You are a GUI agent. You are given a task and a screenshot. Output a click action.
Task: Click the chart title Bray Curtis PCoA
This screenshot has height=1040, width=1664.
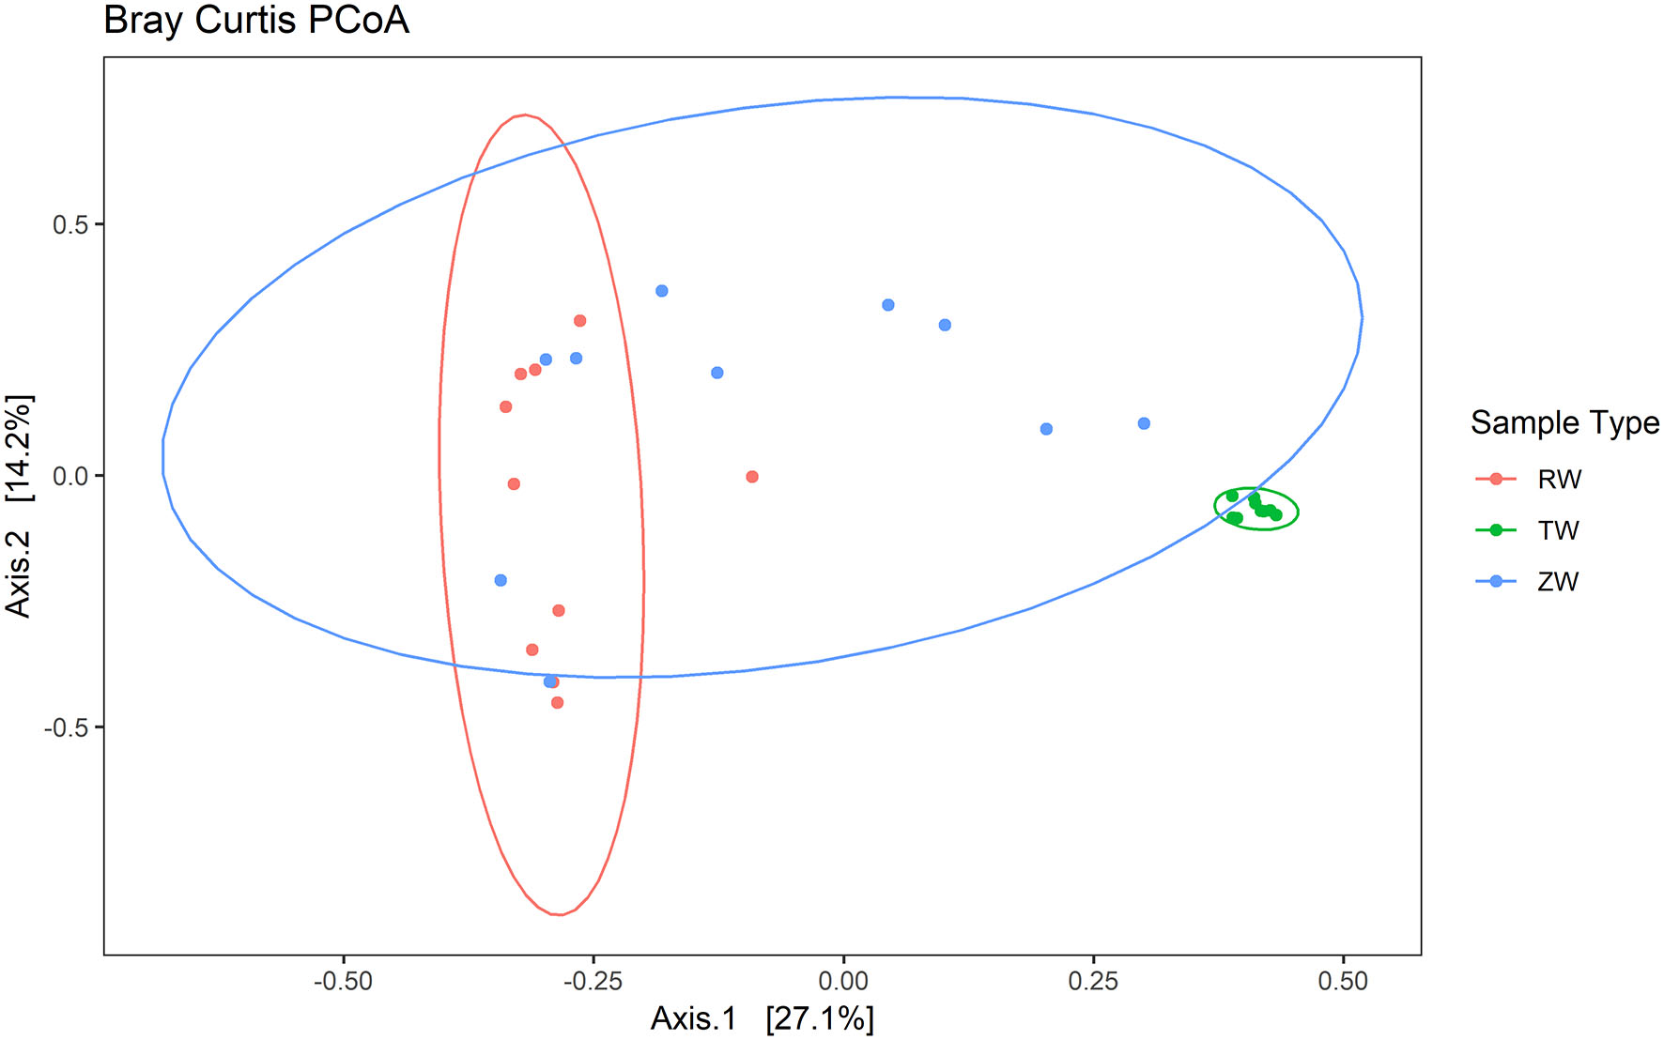point(255,21)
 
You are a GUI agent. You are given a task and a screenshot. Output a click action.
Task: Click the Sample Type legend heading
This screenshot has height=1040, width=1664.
point(1564,422)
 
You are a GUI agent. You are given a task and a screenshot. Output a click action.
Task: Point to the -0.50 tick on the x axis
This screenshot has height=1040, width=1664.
point(343,982)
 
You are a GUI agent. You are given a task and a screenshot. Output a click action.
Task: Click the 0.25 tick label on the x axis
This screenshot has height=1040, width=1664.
point(1093,982)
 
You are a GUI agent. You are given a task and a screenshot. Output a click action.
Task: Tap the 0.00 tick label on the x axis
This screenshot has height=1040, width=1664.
point(842,982)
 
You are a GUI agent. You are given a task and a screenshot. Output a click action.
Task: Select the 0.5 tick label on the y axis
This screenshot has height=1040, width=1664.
point(69,225)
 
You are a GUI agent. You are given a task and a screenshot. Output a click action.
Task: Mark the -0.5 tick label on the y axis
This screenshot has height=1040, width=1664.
point(66,728)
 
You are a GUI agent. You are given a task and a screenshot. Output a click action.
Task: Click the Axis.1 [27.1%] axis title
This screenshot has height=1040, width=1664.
point(762,1018)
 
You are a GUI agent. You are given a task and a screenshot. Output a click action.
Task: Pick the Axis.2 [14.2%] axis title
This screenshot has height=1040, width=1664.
point(19,505)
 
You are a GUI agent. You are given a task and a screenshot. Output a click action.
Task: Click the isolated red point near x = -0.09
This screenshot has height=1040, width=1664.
point(752,477)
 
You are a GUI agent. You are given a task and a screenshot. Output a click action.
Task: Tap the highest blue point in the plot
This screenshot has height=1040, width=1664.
point(662,291)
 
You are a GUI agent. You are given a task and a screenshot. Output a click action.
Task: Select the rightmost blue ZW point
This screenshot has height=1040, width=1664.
point(1144,423)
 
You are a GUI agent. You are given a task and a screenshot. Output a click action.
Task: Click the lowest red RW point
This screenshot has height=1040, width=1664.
point(558,702)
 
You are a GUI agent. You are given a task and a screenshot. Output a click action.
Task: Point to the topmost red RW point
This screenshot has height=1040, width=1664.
point(580,321)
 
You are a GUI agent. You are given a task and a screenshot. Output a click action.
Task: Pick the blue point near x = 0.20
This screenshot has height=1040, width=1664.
point(1046,429)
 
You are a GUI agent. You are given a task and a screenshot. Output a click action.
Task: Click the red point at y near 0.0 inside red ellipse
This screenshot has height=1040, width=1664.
point(514,484)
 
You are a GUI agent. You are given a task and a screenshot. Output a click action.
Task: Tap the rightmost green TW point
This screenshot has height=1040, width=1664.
point(1275,514)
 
